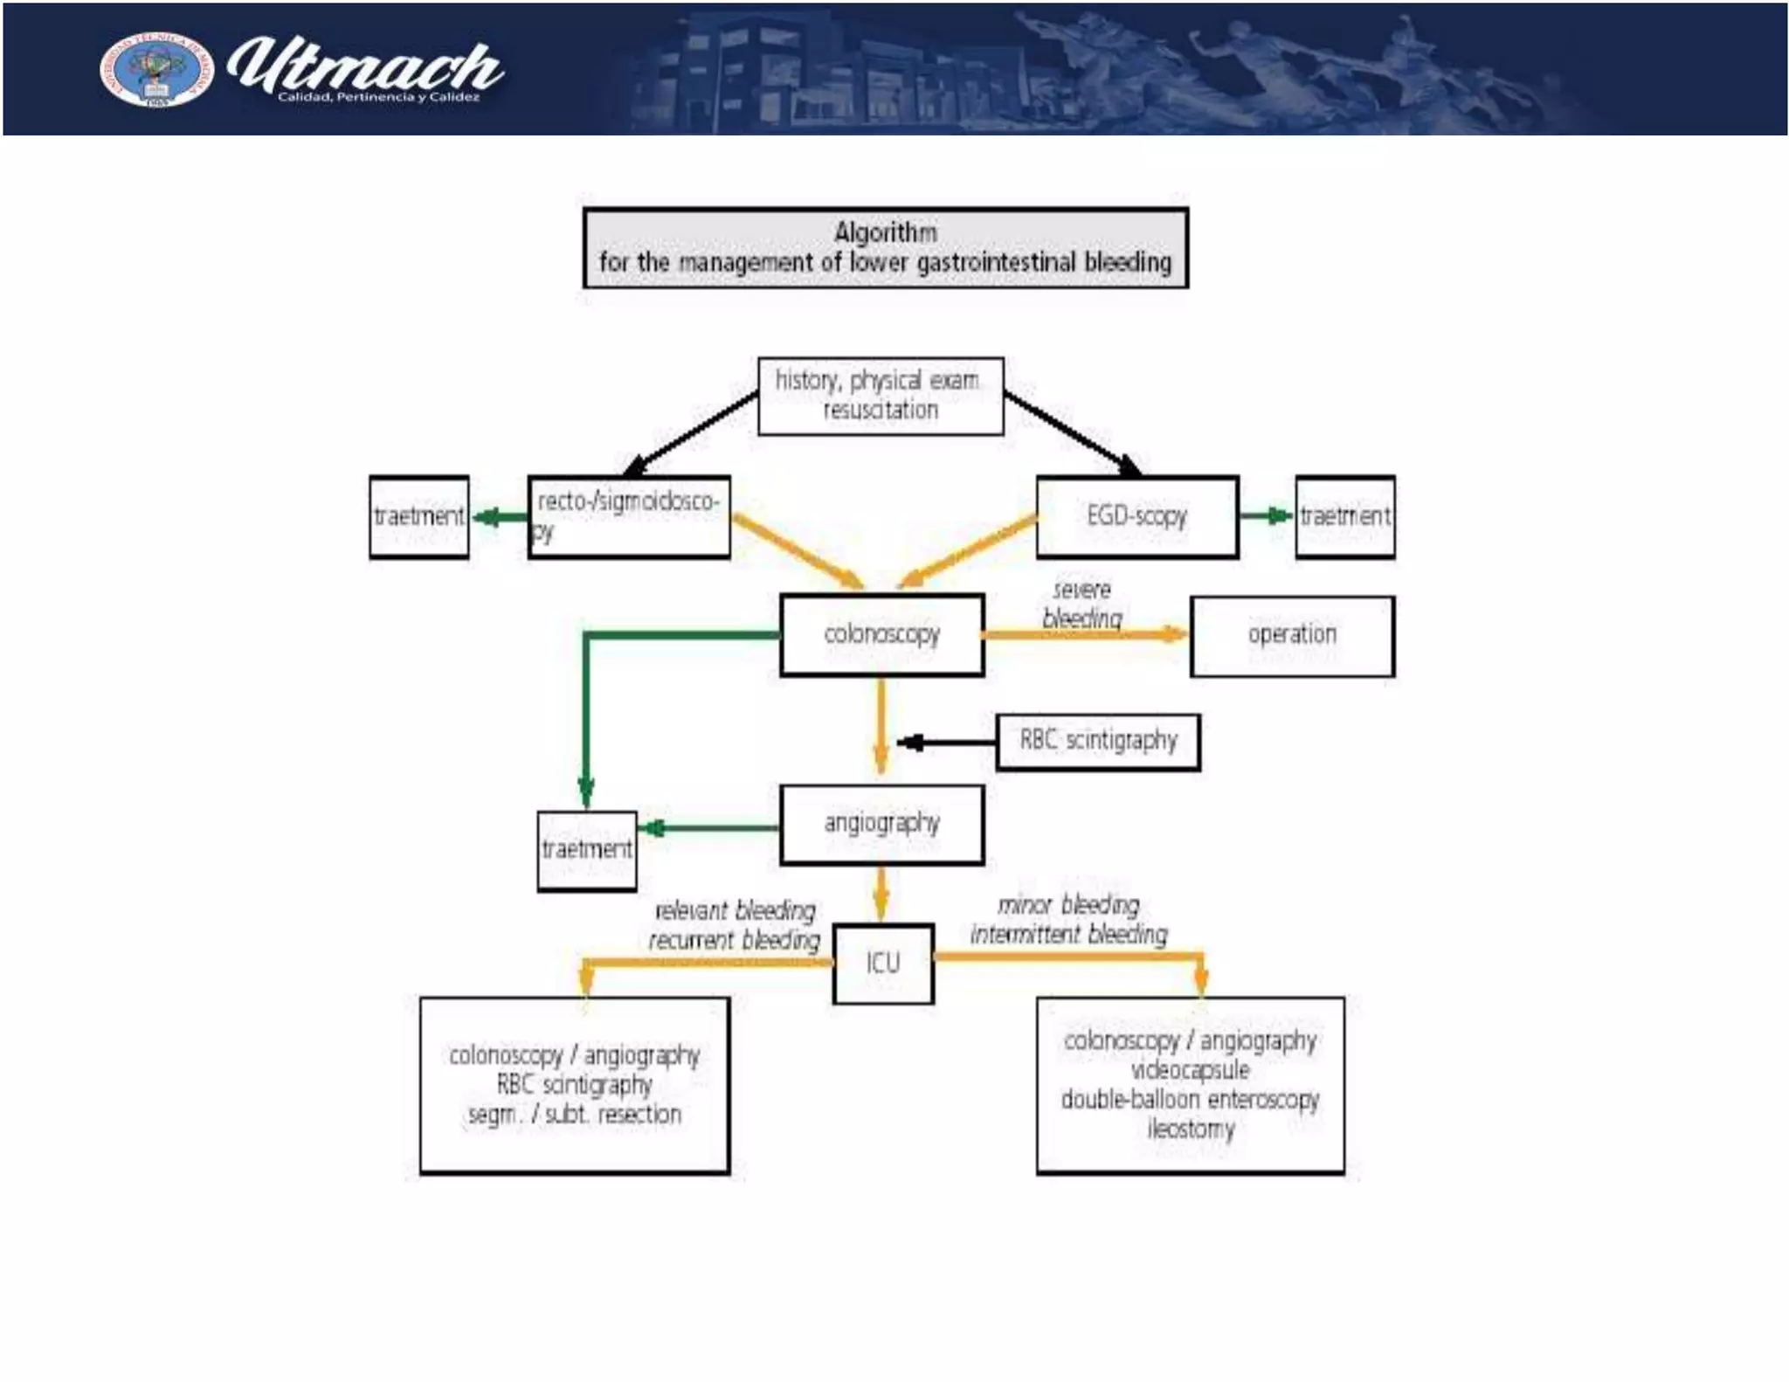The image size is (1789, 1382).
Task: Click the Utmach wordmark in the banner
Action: point(365,68)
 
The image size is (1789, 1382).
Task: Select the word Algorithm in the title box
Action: point(885,232)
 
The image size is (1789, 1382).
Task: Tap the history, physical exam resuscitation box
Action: point(881,396)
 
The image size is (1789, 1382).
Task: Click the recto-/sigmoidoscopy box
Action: point(629,516)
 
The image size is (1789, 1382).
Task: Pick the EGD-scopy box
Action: point(1136,516)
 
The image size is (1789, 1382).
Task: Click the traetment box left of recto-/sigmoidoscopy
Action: point(419,516)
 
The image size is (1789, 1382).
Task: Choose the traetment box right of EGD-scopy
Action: point(1344,516)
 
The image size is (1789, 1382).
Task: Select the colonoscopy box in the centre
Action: point(881,635)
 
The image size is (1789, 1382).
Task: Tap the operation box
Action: point(1292,635)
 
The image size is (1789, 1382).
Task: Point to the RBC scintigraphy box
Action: point(1098,742)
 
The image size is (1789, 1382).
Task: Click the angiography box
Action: point(881,824)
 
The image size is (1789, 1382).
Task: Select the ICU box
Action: point(883,964)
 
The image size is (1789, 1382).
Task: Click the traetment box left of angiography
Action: point(587,850)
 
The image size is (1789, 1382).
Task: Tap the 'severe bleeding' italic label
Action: point(1081,604)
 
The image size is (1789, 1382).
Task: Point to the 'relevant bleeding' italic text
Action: point(736,911)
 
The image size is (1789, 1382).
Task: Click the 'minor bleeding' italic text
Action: point(1069,905)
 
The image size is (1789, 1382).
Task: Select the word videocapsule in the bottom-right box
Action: point(1190,1070)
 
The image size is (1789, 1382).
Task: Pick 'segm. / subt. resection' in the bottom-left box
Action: point(574,1115)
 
